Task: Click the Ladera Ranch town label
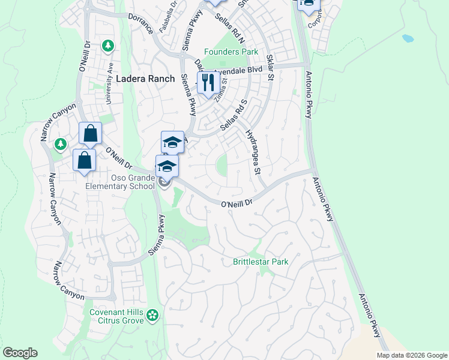point(146,79)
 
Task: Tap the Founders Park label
point(231,52)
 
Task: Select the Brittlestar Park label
point(261,262)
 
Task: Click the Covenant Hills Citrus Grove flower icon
point(153,314)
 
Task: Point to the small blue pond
point(408,38)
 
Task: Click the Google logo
point(20,353)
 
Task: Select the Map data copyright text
point(412,355)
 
